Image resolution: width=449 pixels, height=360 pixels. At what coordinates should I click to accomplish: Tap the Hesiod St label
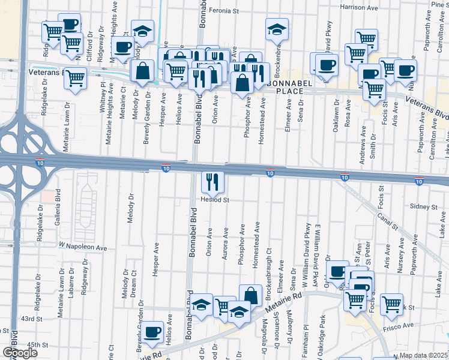(215, 199)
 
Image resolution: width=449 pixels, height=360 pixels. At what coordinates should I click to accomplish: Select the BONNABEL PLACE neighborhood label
(295, 91)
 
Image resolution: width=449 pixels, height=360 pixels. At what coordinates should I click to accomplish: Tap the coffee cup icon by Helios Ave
(152, 331)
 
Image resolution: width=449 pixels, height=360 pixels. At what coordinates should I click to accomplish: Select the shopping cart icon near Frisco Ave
(391, 304)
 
